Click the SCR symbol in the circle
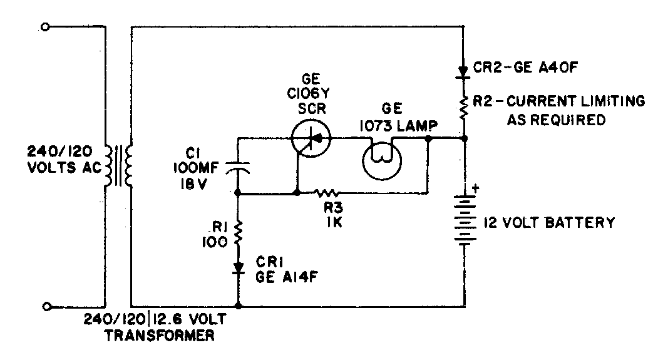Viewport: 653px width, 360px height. (x=312, y=138)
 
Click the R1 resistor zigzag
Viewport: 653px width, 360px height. (x=238, y=234)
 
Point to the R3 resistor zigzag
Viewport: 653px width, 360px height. (x=327, y=194)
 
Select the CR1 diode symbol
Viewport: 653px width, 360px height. (x=238, y=269)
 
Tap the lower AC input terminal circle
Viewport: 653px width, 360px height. (x=46, y=307)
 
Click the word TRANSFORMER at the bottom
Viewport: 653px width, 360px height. (x=162, y=336)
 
